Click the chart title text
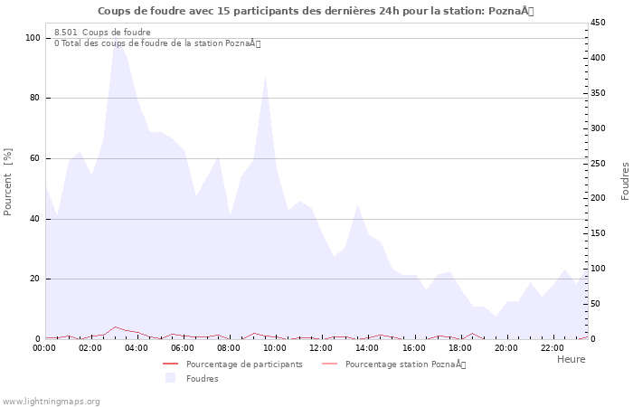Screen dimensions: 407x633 coord(316,11)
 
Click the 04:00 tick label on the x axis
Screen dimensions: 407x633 coord(137,348)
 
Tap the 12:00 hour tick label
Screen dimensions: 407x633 coord(321,348)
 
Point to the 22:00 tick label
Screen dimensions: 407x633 coord(552,348)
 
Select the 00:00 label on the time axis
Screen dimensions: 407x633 coord(44,348)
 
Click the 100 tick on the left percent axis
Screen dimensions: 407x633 coord(33,38)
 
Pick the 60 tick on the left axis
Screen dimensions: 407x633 coord(34,158)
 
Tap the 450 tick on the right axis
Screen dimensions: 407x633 coord(598,23)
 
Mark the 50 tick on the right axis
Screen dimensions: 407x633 coord(595,303)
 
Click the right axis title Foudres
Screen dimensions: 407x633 coord(625,181)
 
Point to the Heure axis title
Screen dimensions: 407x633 coord(571,359)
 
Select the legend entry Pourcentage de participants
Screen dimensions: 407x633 coord(244,364)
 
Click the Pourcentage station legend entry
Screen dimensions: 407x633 coord(405,364)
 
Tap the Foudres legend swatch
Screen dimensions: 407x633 coord(170,378)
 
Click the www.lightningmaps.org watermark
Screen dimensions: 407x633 coord(51,402)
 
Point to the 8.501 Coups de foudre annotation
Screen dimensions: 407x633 coord(102,33)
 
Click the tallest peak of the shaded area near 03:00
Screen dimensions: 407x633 coord(115,41)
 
